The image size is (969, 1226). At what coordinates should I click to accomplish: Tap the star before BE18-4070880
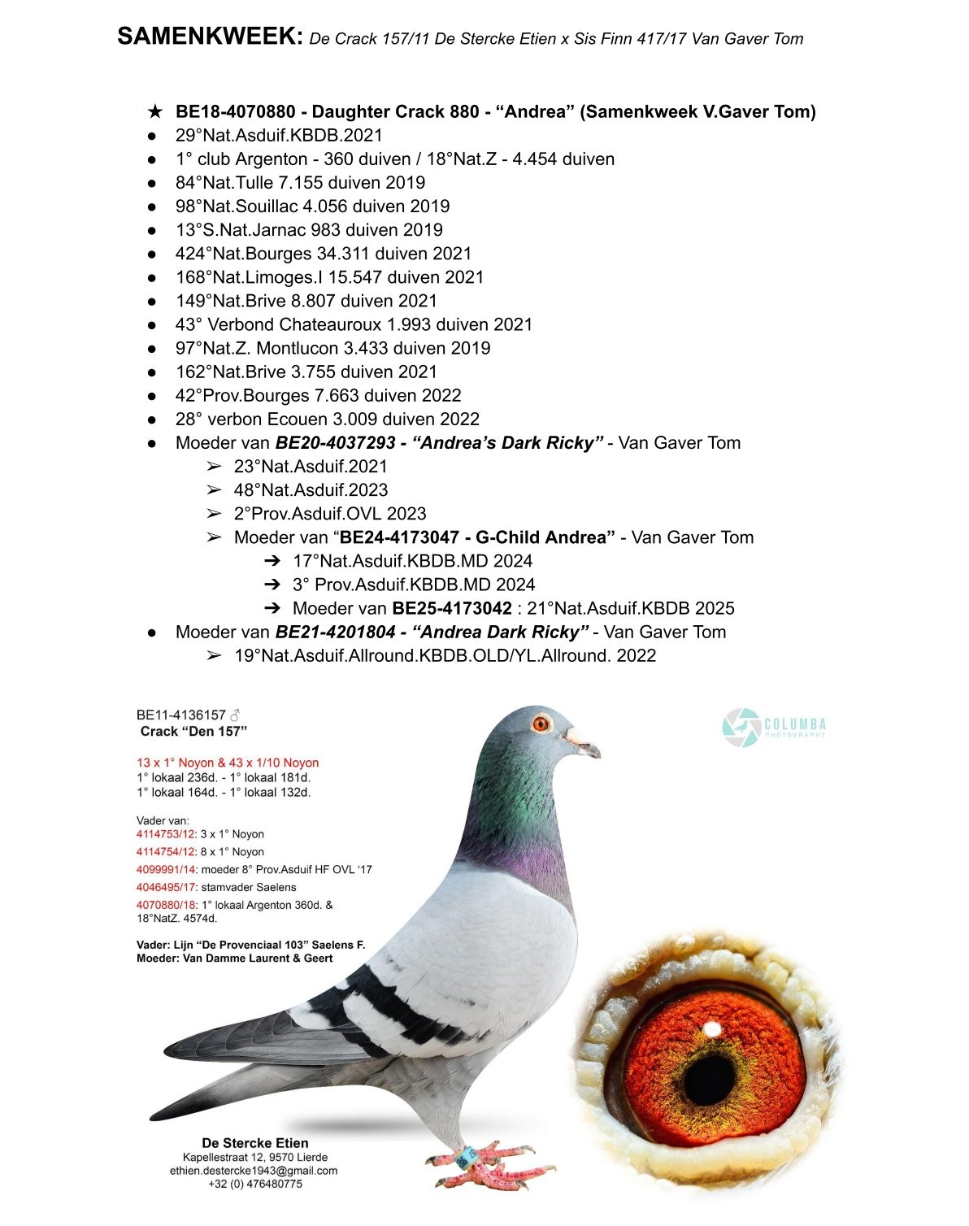(x=154, y=111)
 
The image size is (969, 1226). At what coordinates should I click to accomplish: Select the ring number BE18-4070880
(x=235, y=111)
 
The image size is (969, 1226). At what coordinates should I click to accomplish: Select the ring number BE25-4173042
(x=452, y=608)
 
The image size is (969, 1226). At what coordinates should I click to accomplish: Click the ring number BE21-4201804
(x=337, y=632)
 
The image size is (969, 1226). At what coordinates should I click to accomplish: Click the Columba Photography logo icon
(x=741, y=727)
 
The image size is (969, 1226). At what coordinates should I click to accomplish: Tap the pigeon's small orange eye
(x=541, y=723)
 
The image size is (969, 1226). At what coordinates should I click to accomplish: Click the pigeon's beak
(x=587, y=744)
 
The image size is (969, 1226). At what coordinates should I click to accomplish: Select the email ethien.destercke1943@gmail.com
(x=254, y=1171)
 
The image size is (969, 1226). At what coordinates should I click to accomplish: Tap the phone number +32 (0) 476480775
(x=254, y=1185)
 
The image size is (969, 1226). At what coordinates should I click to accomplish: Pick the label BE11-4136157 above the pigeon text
(x=180, y=715)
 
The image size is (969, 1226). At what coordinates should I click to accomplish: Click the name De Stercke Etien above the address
(x=254, y=1142)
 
